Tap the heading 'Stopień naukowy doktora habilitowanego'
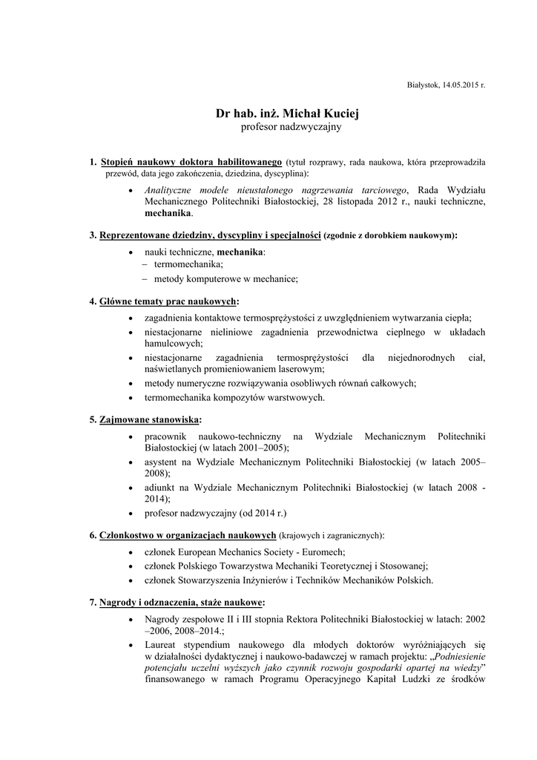tap(191, 161)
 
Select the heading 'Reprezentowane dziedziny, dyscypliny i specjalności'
tap(210, 235)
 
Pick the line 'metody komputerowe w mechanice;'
tap(225, 279)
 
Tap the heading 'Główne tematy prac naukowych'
tap(168, 302)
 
